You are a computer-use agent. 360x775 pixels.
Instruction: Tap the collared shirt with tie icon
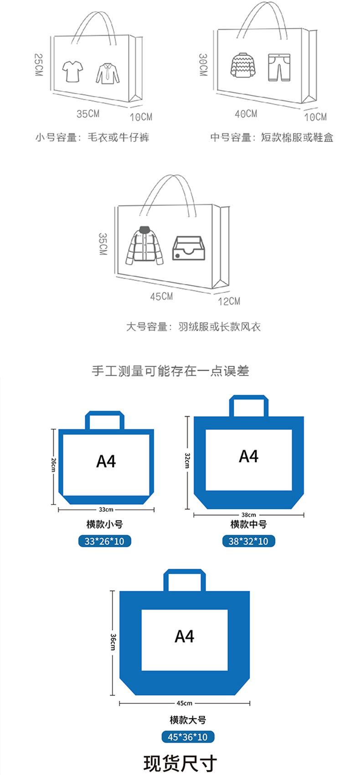(x=108, y=73)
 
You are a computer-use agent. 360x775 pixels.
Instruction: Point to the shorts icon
(x=278, y=68)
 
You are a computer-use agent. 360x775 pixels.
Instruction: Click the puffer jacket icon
(x=144, y=246)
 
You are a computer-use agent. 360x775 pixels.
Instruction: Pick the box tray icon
(x=187, y=248)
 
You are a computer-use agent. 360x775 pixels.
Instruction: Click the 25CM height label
(x=38, y=64)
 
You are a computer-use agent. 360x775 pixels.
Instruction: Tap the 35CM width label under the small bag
(x=88, y=114)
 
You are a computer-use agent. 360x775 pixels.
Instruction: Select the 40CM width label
(x=246, y=114)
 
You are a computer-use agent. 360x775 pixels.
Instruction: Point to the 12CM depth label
(x=229, y=301)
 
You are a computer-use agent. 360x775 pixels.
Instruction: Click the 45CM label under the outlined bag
(x=162, y=296)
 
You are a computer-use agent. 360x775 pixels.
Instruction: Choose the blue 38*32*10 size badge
(x=249, y=541)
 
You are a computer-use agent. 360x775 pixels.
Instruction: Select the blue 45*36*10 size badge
(x=187, y=737)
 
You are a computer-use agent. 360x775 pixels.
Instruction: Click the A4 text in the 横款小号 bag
(x=106, y=462)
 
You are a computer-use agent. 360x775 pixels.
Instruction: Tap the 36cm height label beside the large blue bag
(x=113, y=642)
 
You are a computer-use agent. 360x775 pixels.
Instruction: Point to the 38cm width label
(x=249, y=515)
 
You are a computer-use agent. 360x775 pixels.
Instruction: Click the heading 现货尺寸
(x=180, y=763)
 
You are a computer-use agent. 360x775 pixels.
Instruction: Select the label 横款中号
(x=248, y=525)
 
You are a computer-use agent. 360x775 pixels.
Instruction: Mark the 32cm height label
(x=187, y=460)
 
